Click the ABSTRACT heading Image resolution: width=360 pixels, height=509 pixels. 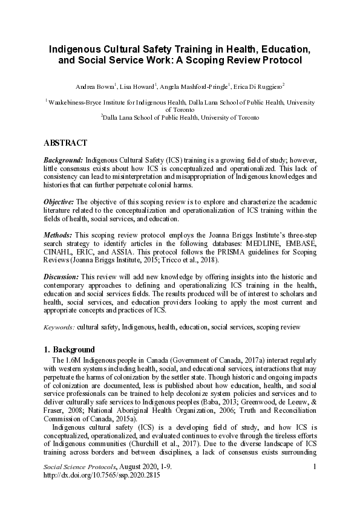65,143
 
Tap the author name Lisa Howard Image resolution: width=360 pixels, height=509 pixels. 139,86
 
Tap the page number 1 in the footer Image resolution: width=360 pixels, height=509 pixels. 315,484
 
